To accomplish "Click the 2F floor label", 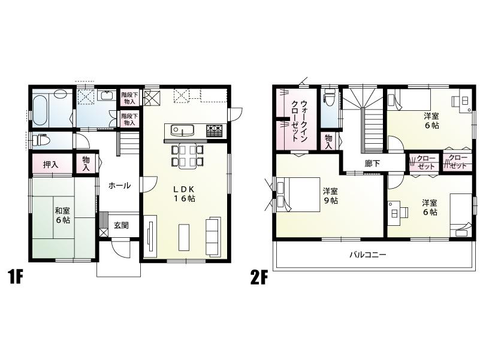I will click(259, 278).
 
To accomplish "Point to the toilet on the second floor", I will click(330, 99).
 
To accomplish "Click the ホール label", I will click(119, 186).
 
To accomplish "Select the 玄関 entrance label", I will click(122, 225).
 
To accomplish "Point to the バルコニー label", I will click(368, 255).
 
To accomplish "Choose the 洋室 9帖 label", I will click(330, 196).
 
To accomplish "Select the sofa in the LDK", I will click(213, 237).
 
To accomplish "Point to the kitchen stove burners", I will click(215, 130).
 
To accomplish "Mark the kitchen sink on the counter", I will click(182, 130).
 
